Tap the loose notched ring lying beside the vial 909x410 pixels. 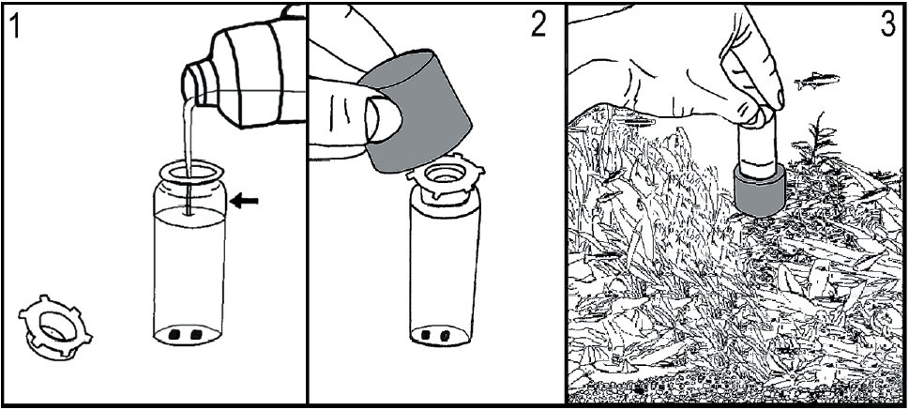coord(55,328)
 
